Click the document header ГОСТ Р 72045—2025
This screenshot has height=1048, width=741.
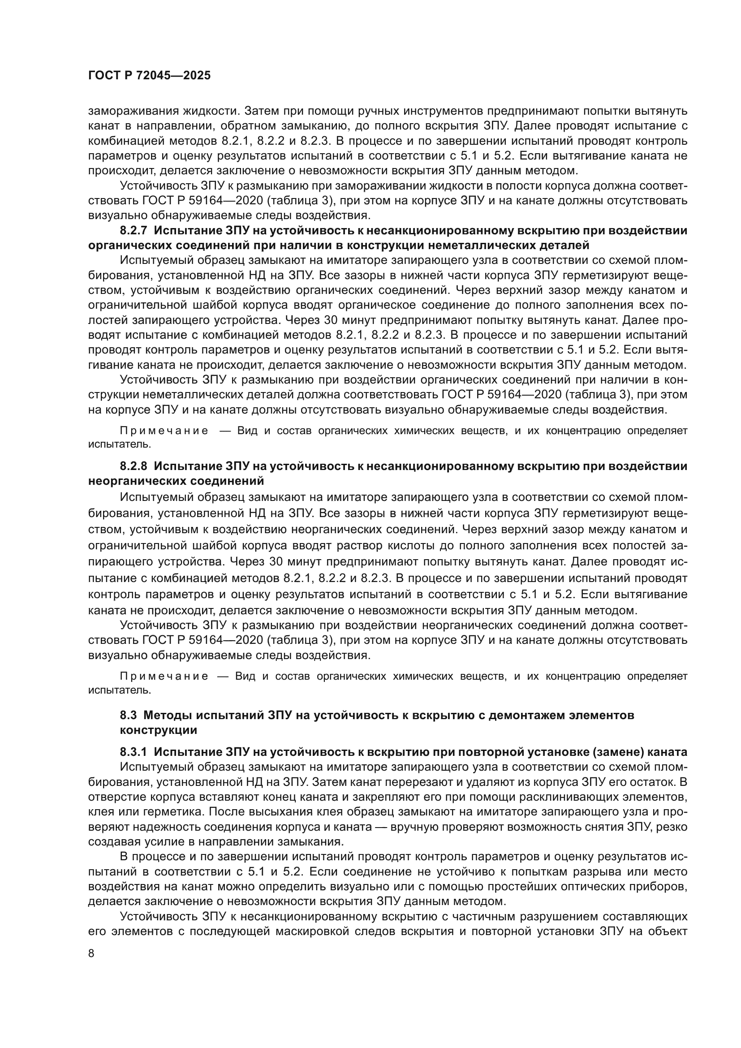(149, 76)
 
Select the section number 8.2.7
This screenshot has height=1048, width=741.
(134, 230)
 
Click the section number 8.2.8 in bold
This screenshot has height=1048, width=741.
(134, 466)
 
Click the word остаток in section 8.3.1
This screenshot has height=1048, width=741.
(657, 782)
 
